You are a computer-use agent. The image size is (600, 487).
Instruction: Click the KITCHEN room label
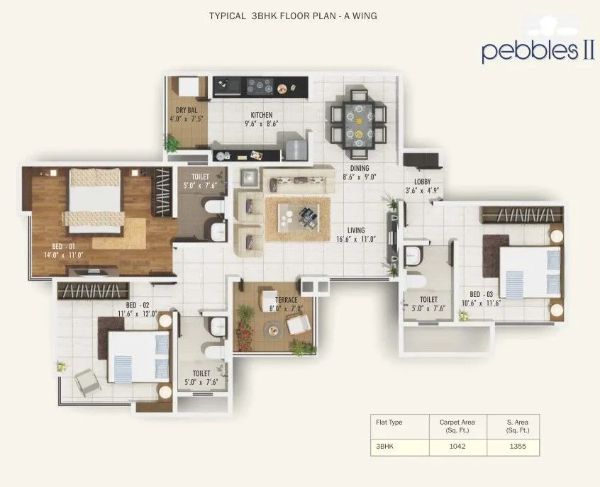tap(261, 115)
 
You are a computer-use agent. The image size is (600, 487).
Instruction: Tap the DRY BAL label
tap(187, 110)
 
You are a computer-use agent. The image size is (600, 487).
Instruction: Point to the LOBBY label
tap(423, 181)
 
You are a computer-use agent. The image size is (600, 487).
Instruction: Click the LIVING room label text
tap(356, 230)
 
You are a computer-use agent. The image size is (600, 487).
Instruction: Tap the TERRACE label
tap(285, 299)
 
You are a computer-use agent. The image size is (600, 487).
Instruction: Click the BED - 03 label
tap(481, 293)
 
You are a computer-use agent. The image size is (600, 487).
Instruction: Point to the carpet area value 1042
tap(457, 447)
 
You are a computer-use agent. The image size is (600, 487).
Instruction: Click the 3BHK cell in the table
tap(384, 447)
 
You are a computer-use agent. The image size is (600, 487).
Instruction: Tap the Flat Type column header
tap(389, 422)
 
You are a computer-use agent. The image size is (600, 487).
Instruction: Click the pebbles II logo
tap(538, 51)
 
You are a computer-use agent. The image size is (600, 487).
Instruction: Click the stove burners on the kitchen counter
tap(259, 87)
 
